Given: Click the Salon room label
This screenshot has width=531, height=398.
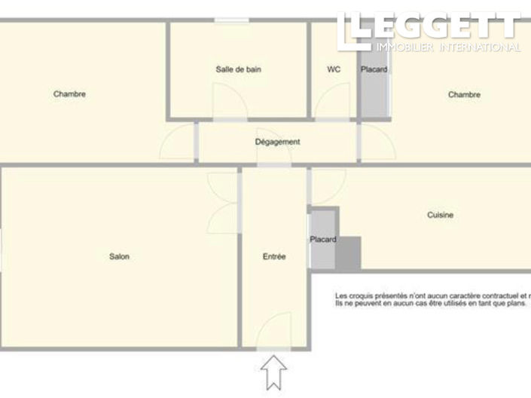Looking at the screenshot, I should pyautogui.click(x=119, y=257).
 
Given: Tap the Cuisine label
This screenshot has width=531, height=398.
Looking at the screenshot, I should pyautogui.click(x=440, y=216).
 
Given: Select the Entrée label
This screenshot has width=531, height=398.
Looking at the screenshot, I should pyautogui.click(x=274, y=257).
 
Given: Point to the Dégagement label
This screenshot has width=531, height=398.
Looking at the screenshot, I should pyautogui.click(x=277, y=142).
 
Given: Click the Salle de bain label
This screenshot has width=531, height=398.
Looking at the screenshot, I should pyautogui.click(x=238, y=69).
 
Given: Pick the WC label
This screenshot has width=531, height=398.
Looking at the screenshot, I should pyautogui.click(x=334, y=69).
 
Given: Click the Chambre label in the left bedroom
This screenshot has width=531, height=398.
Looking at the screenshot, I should pyautogui.click(x=69, y=94).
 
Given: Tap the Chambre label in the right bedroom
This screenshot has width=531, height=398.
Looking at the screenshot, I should pyautogui.click(x=464, y=95).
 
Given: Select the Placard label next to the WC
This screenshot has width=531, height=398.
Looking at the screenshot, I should pyautogui.click(x=374, y=70).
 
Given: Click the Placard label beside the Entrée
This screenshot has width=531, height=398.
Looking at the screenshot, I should pyautogui.click(x=322, y=240).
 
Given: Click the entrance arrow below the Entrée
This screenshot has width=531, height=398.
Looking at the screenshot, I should pyautogui.click(x=273, y=371).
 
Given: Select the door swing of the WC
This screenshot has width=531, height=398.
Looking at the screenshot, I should pyautogui.click(x=328, y=103).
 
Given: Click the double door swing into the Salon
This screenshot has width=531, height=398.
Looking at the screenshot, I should pyautogui.click(x=223, y=202).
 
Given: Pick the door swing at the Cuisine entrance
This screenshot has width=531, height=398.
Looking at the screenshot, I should pyautogui.click(x=325, y=185).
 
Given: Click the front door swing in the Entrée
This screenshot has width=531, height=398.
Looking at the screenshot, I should pyautogui.click(x=273, y=332).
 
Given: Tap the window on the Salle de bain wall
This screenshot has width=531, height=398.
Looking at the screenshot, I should pyautogui.click(x=231, y=20).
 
